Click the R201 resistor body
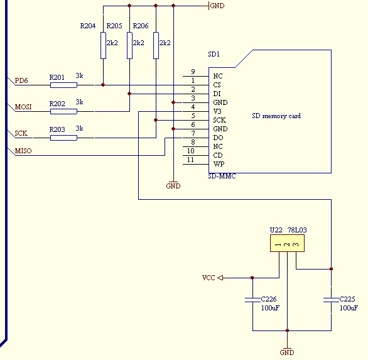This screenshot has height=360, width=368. (x=63, y=85)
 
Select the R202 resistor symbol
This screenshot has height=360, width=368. (x=63, y=111)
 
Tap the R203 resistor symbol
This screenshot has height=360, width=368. (x=63, y=138)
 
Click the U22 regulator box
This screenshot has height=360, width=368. (x=287, y=243)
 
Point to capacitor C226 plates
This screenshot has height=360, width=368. (x=253, y=300)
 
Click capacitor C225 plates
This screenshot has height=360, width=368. (x=331, y=300)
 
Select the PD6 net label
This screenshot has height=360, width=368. (x=21, y=80)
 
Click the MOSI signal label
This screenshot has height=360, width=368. (x=23, y=107)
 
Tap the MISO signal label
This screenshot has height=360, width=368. (x=23, y=151)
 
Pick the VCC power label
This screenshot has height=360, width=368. (x=208, y=278)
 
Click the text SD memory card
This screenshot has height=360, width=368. (x=276, y=116)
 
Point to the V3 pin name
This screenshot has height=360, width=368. (x=217, y=111)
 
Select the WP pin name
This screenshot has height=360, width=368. (x=219, y=164)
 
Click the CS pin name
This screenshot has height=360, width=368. (x=217, y=85)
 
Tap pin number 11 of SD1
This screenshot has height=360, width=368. (x=190, y=160)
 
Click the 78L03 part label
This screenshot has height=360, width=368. (x=297, y=230)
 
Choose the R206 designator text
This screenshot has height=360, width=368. (x=141, y=26)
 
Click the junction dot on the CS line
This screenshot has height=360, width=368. (x=103, y=85)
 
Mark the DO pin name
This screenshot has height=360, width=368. (x=218, y=138)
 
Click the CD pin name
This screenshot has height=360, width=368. (x=218, y=155)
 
